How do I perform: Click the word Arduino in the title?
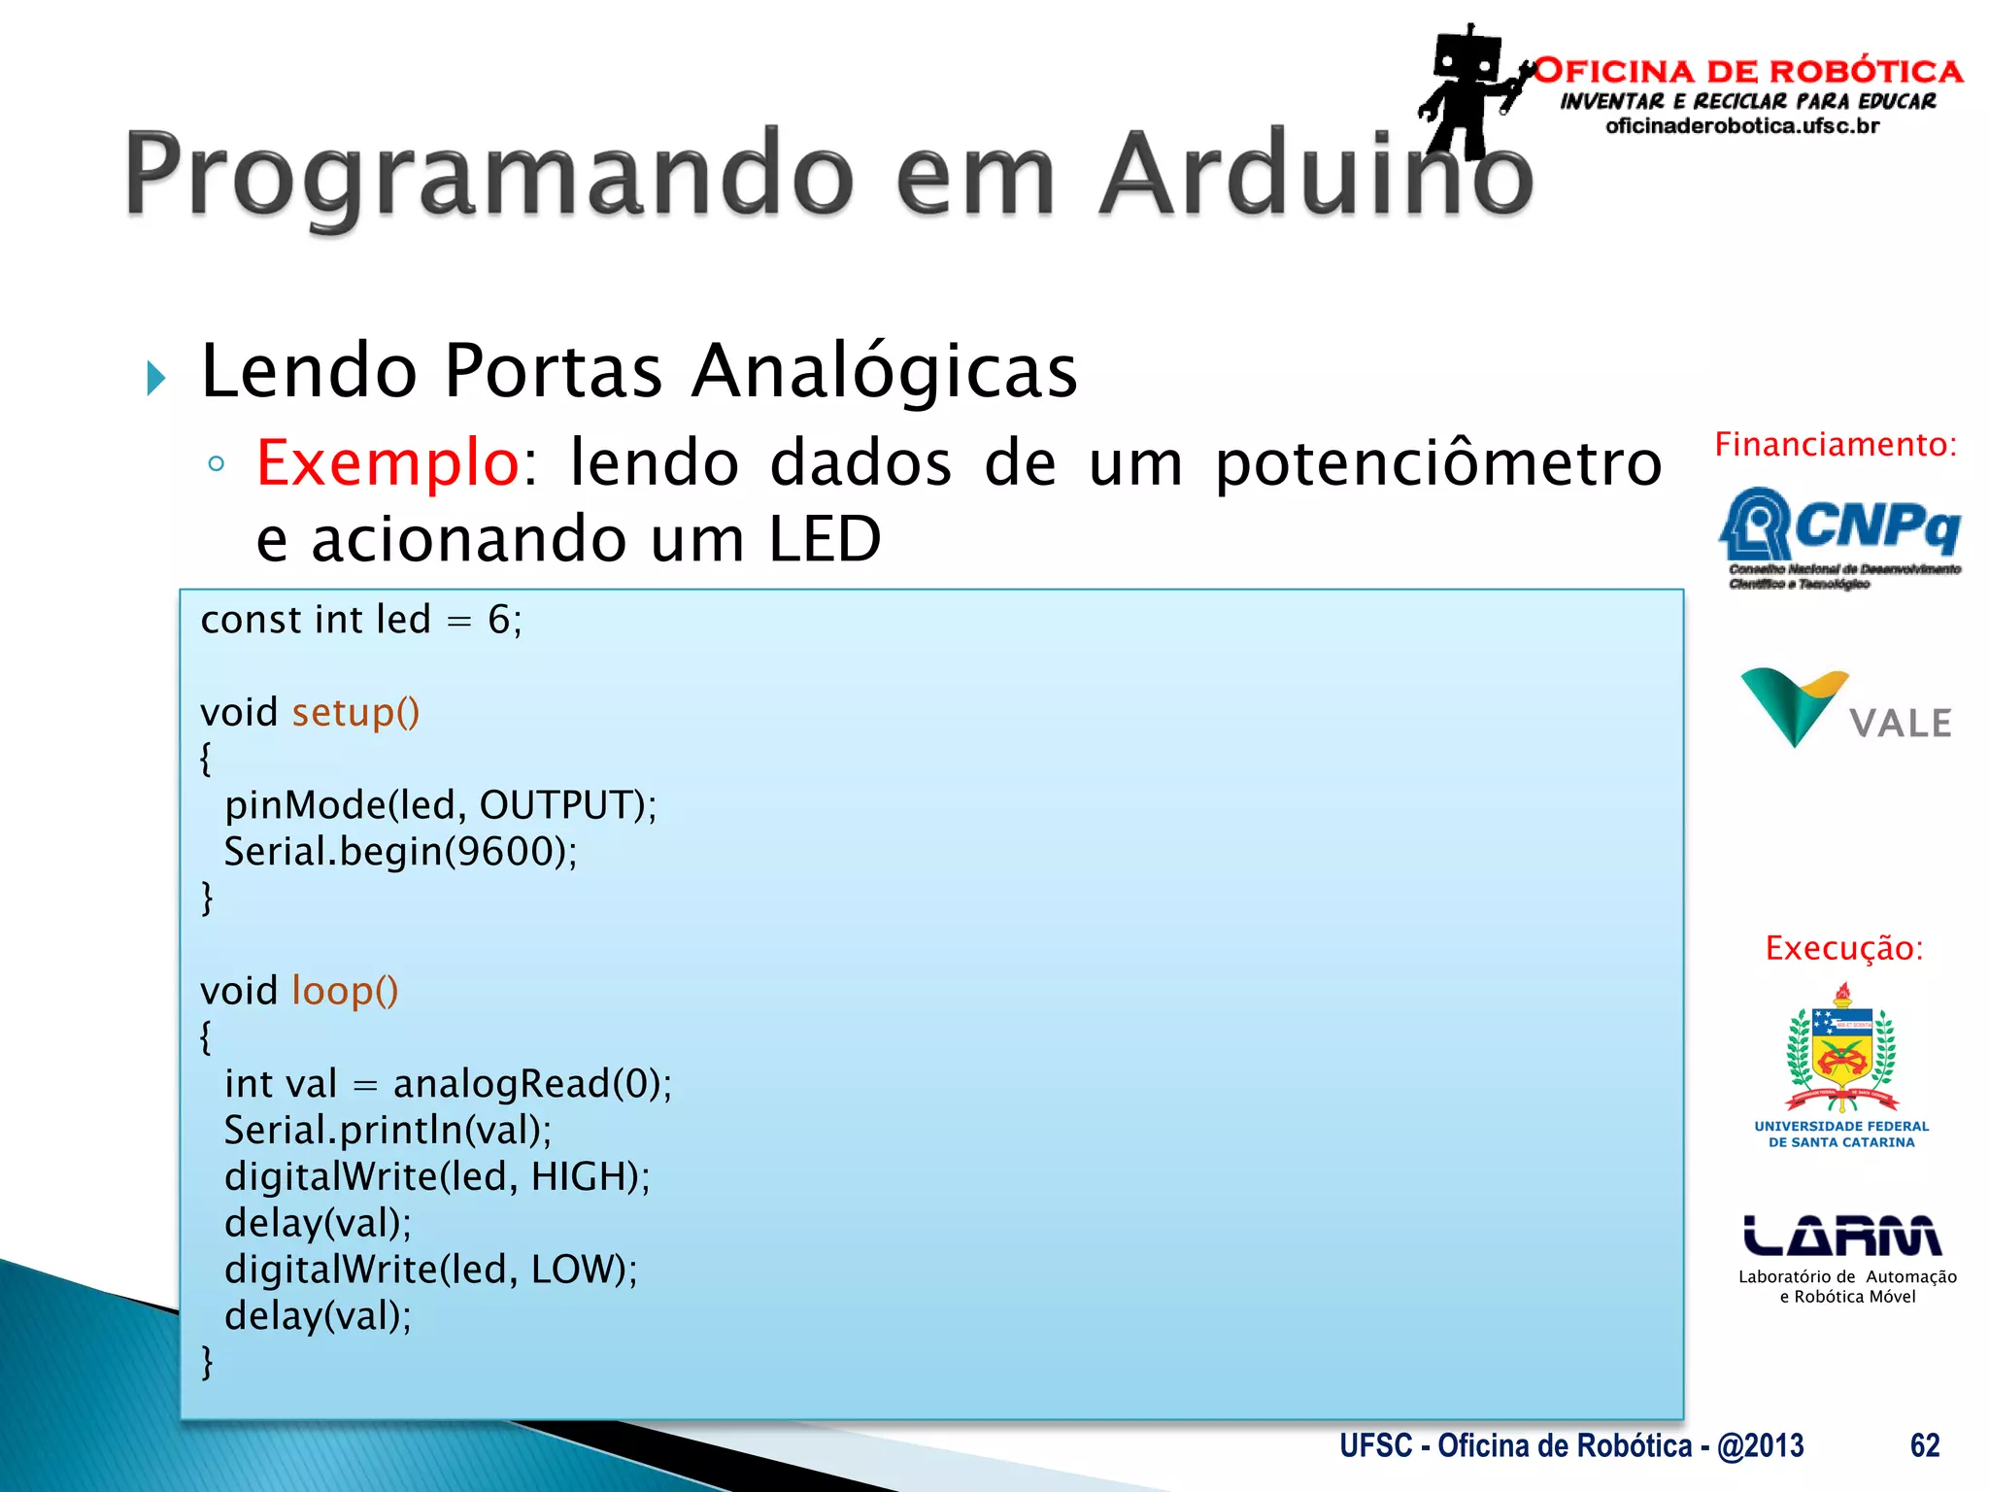pyautogui.click(x=1316, y=175)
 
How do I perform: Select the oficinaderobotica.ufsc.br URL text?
pyautogui.click(x=1742, y=126)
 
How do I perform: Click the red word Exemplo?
pyautogui.click(x=388, y=462)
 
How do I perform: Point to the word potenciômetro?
pyautogui.click(x=1438, y=462)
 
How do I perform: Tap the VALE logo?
pyautogui.click(x=1845, y=710)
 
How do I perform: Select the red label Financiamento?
pyautogui.click(x=1835, y=444)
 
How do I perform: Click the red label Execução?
pyautogui.click(x=1843, y=948)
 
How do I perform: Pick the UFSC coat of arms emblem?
pyautogui.click(x=1841, y=1050)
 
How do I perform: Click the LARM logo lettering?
pyautogui.click(x=1841, y=1236)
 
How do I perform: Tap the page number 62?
pyautogui.click(x=1924, y=1445)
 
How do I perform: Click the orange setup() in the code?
pyautogui.click(x=355, y=713)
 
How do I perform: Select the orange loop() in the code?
pyautogui.click(x=345, y=991)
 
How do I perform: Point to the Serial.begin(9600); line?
pyautogui.click(x=400, y=852)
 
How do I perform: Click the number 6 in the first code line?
pyautogui.click(x=498, y=620)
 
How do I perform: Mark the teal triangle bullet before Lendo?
pyautogui.click(x=156, y=377)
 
